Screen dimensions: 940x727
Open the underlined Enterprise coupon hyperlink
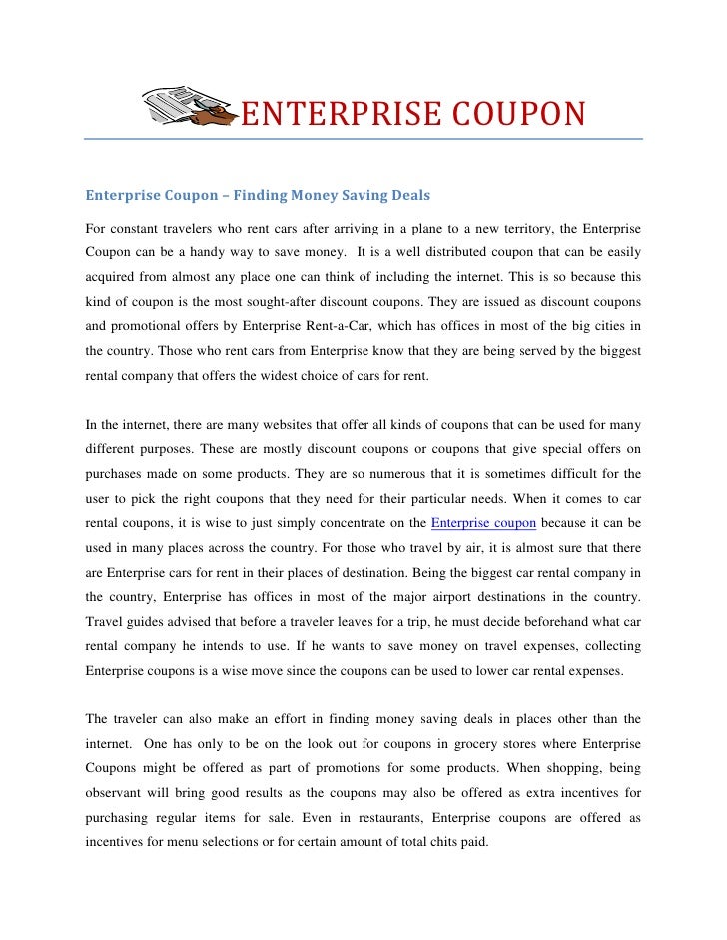click(484, 521)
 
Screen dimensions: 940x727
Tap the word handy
click(202, 253)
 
